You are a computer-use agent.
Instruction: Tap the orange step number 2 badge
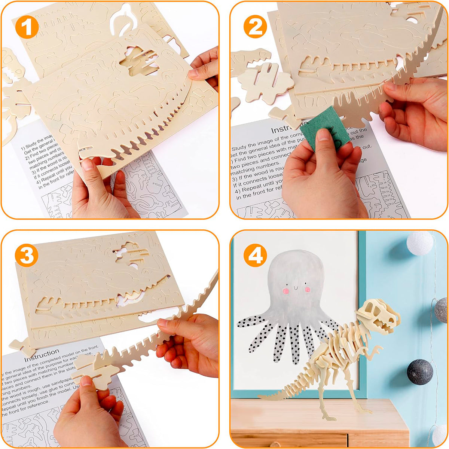255,27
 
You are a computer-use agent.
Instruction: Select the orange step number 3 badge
27,255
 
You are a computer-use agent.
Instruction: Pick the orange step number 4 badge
255,255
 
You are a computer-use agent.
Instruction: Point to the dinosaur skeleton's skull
378,316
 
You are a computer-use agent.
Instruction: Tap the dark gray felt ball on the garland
420,372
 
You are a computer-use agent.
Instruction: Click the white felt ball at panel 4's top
419,243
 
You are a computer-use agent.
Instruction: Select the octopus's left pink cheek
285,290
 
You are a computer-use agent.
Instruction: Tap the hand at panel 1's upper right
205,67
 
